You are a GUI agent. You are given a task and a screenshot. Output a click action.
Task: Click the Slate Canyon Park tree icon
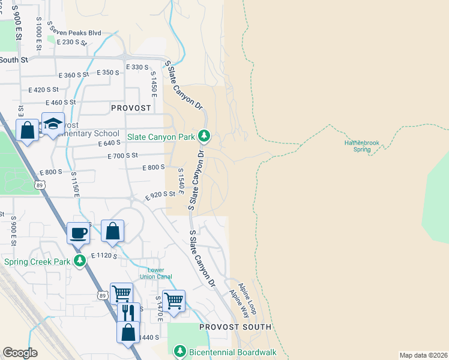[204, 137]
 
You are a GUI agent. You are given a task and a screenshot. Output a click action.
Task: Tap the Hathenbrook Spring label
[362, 146]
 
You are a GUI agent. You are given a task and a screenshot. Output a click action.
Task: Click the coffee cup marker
[78, 233]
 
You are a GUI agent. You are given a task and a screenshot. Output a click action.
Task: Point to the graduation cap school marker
[53, 124]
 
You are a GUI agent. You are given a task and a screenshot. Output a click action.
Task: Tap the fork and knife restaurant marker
[128, 313]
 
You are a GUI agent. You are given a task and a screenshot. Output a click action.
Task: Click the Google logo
[20, 353]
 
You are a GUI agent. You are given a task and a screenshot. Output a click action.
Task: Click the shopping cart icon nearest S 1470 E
[173, 300]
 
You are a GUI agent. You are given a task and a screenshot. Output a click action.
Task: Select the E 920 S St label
[160, 195]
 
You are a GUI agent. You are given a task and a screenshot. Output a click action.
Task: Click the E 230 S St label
[72, 42]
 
